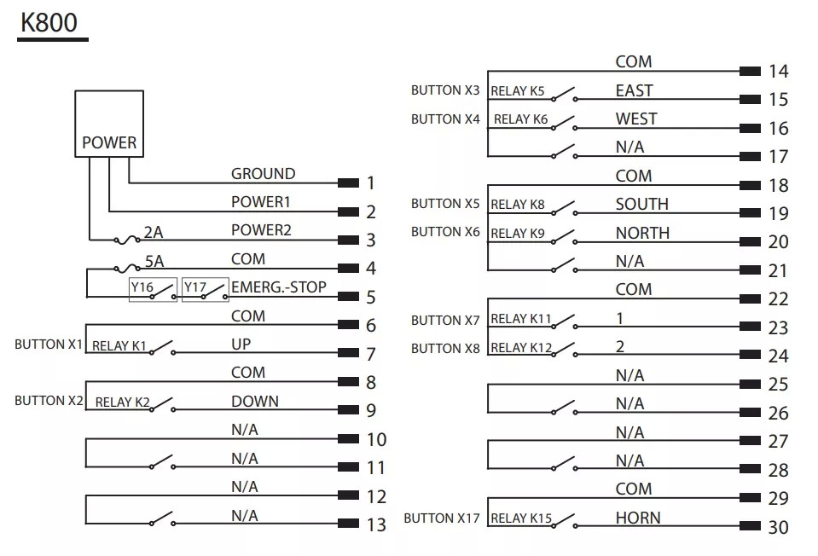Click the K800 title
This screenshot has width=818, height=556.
(x=50, y=23)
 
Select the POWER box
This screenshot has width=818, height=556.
(x=109, y=124)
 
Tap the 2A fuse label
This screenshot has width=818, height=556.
(x=154, y=231)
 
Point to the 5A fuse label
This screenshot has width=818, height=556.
(x=154, y=260)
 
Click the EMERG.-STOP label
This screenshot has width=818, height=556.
(x=279, y=287)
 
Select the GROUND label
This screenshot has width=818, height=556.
(x=263, y=174)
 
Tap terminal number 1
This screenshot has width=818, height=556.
(x=371, y=182)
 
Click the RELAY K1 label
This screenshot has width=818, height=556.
(x=119, y=346)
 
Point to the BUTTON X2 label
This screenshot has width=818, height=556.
(x=49, y=400)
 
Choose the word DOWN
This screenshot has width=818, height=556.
(x=254, y=402)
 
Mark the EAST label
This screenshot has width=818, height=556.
(x=634, y=90)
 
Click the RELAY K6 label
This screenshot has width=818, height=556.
(x=520, y=119)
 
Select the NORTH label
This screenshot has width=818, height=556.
(x=642, y=233)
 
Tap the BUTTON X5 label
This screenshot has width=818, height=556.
(x=445, y=204)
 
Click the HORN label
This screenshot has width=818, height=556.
(x=637, y=518)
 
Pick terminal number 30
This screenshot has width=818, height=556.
(x=778, y=528)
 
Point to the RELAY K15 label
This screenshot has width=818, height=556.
(x=521, y=518)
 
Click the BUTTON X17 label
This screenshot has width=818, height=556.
(x=442, y=518)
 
